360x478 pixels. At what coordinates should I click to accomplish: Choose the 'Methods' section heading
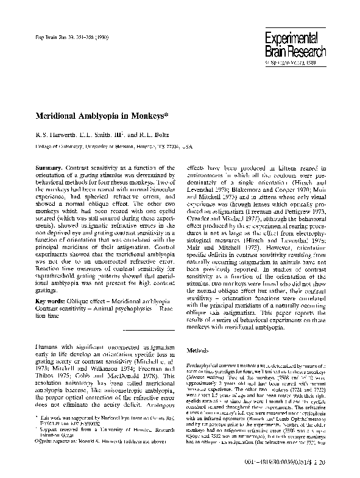199,351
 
